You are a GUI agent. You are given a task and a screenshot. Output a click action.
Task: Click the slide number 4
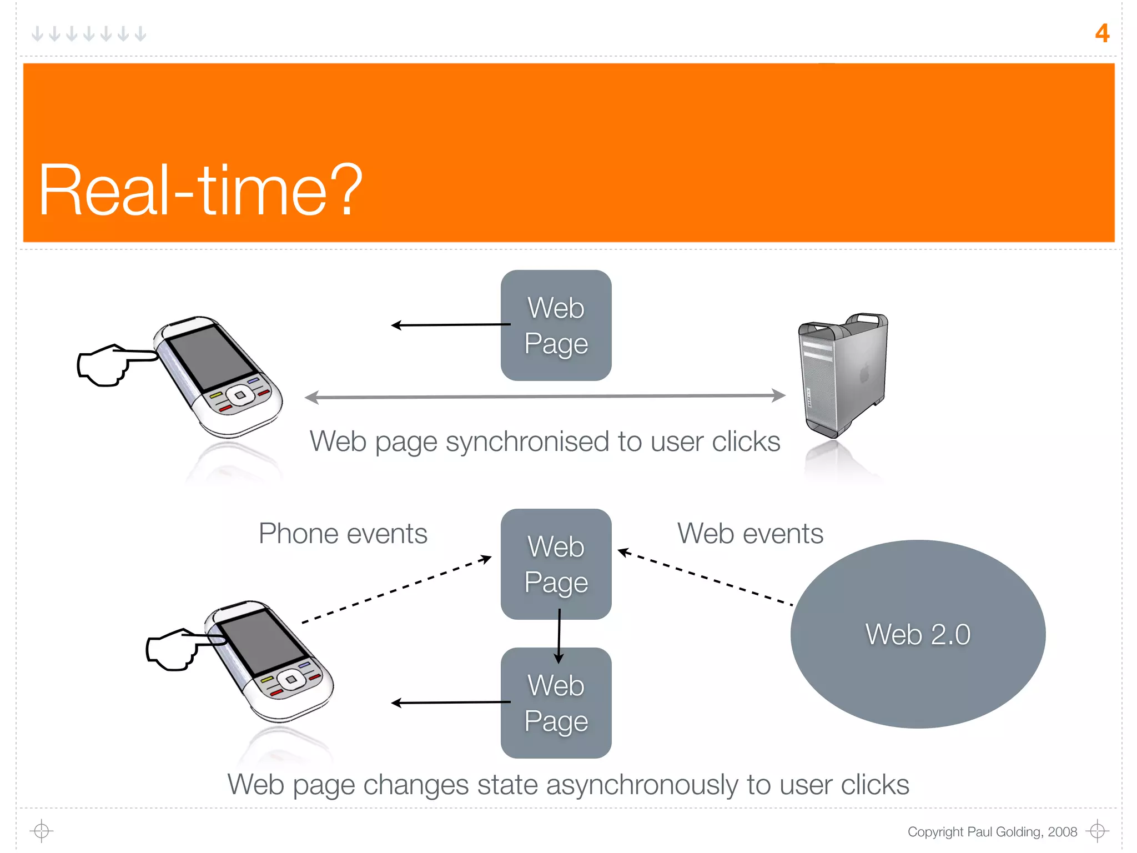(x=1101, y=33)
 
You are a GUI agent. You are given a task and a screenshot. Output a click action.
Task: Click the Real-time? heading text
(x=200, y=190)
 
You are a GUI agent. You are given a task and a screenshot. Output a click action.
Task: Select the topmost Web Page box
(x=556, y=325)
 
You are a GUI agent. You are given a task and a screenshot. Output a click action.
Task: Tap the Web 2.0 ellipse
(x=917, y=634)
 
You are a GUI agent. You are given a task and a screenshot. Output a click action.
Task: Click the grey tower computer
(x=842, y=375)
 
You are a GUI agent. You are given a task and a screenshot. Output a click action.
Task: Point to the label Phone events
(x=343, y=534)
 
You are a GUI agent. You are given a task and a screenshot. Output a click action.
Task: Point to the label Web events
(x=749, y=534)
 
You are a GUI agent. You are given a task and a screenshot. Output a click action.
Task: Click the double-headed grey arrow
(x=544, y=397)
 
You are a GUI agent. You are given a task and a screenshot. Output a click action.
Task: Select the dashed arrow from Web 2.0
(x=705, y=578)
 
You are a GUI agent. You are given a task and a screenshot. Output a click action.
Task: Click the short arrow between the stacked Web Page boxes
(x=559, y=636)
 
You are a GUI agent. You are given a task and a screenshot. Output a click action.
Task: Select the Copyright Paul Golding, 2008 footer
(x=992, y=831)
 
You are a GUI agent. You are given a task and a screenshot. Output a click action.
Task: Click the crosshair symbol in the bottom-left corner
(x=42, y=831)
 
